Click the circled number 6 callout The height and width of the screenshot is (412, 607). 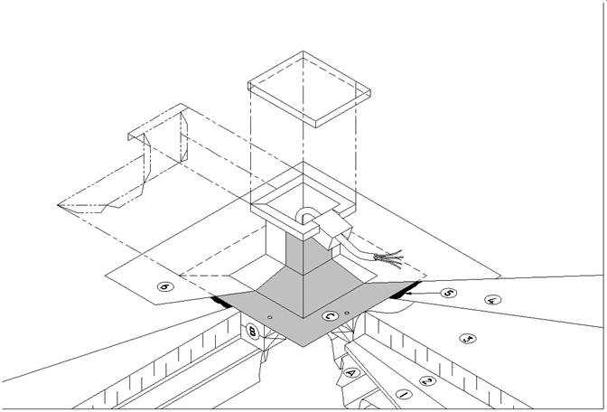tap(165, 287)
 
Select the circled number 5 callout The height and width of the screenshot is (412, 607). tap(449, 293)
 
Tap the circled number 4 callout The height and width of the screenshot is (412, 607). tap(493, 301)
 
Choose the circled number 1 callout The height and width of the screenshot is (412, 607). tap(405, 396)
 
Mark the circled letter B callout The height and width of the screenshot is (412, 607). tap(252, 332)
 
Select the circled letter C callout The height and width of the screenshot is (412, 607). tap(330, 316)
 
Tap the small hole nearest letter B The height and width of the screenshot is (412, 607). tap(272, 316)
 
